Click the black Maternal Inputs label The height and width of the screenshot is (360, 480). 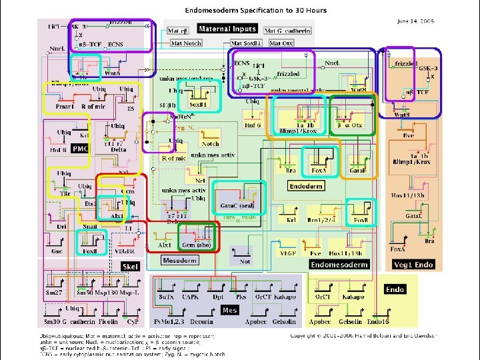[226, 29]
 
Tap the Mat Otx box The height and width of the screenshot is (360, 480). [280, 43]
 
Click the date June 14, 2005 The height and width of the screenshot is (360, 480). [415, 21]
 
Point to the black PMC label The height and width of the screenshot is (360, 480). [80, 148]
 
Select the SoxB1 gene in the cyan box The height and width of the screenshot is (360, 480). [197, 105]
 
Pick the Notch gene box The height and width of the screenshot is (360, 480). [210, 143]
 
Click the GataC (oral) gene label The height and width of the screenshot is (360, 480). [237, 206]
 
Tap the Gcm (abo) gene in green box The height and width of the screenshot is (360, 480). [198, 245]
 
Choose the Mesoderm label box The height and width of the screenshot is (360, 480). [179, 260]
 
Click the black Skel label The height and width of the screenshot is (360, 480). [129, 266]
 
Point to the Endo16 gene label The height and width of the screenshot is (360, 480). [377, 322]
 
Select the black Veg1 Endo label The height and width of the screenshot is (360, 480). [414, 265]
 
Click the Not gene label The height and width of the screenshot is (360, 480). [245, 261]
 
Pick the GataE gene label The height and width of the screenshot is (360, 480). [357, 171]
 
